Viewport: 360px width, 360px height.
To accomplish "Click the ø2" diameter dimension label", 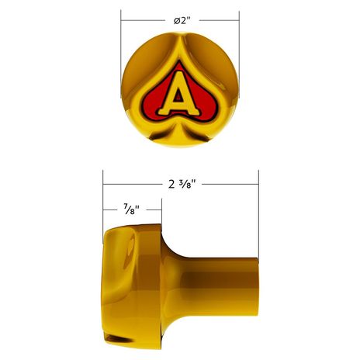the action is click(182, 20).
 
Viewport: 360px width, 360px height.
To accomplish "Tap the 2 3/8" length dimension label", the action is click(182, 185).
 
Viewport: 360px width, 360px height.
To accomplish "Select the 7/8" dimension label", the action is click(132, 209).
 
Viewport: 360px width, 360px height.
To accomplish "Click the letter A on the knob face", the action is click(179, 95).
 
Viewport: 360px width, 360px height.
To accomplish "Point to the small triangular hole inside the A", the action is click(178, 97).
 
